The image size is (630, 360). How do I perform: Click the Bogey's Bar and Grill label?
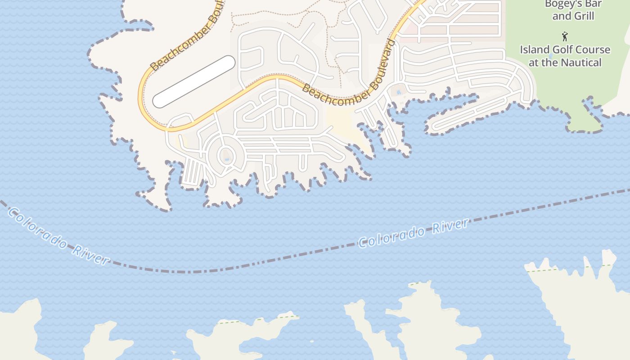(x=573, y=10)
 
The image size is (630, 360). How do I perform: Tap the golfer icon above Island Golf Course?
(x=565, y=36)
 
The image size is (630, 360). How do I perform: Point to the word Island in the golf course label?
(x=535, y=49)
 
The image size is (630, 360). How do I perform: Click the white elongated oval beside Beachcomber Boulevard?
(x=194, y=82)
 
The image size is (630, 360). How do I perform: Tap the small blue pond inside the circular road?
(x=226, y=159)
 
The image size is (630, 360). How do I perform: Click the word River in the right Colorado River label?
(x=450, y=226)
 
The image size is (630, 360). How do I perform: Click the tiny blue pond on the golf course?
(x=550, y=57)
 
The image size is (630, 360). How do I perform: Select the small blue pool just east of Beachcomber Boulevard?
(x=398, y=93)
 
